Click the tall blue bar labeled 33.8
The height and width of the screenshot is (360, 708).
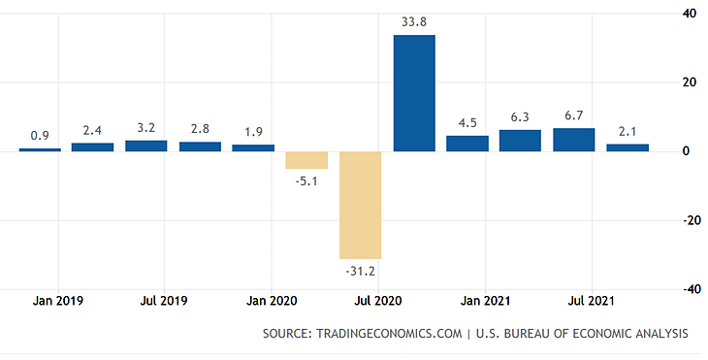click(x=414, y=93)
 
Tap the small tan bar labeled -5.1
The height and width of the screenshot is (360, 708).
click(x=306, y=160)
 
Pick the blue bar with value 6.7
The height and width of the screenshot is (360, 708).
click(x=574, y=140)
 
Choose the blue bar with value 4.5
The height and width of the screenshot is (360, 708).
click(x=467, y=144)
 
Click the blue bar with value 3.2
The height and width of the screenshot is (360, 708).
click(x=146, y=146)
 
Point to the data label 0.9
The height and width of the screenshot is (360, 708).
click(x=40, y=135)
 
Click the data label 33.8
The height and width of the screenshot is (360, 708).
click(x=414, y=20)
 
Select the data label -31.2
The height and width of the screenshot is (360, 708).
click(x=360, y=272)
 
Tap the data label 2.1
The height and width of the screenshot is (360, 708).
click(x=628, y=131)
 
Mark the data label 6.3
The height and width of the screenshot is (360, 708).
click(x=521, y=116)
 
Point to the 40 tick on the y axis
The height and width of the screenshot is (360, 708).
click(x=689, y=14)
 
